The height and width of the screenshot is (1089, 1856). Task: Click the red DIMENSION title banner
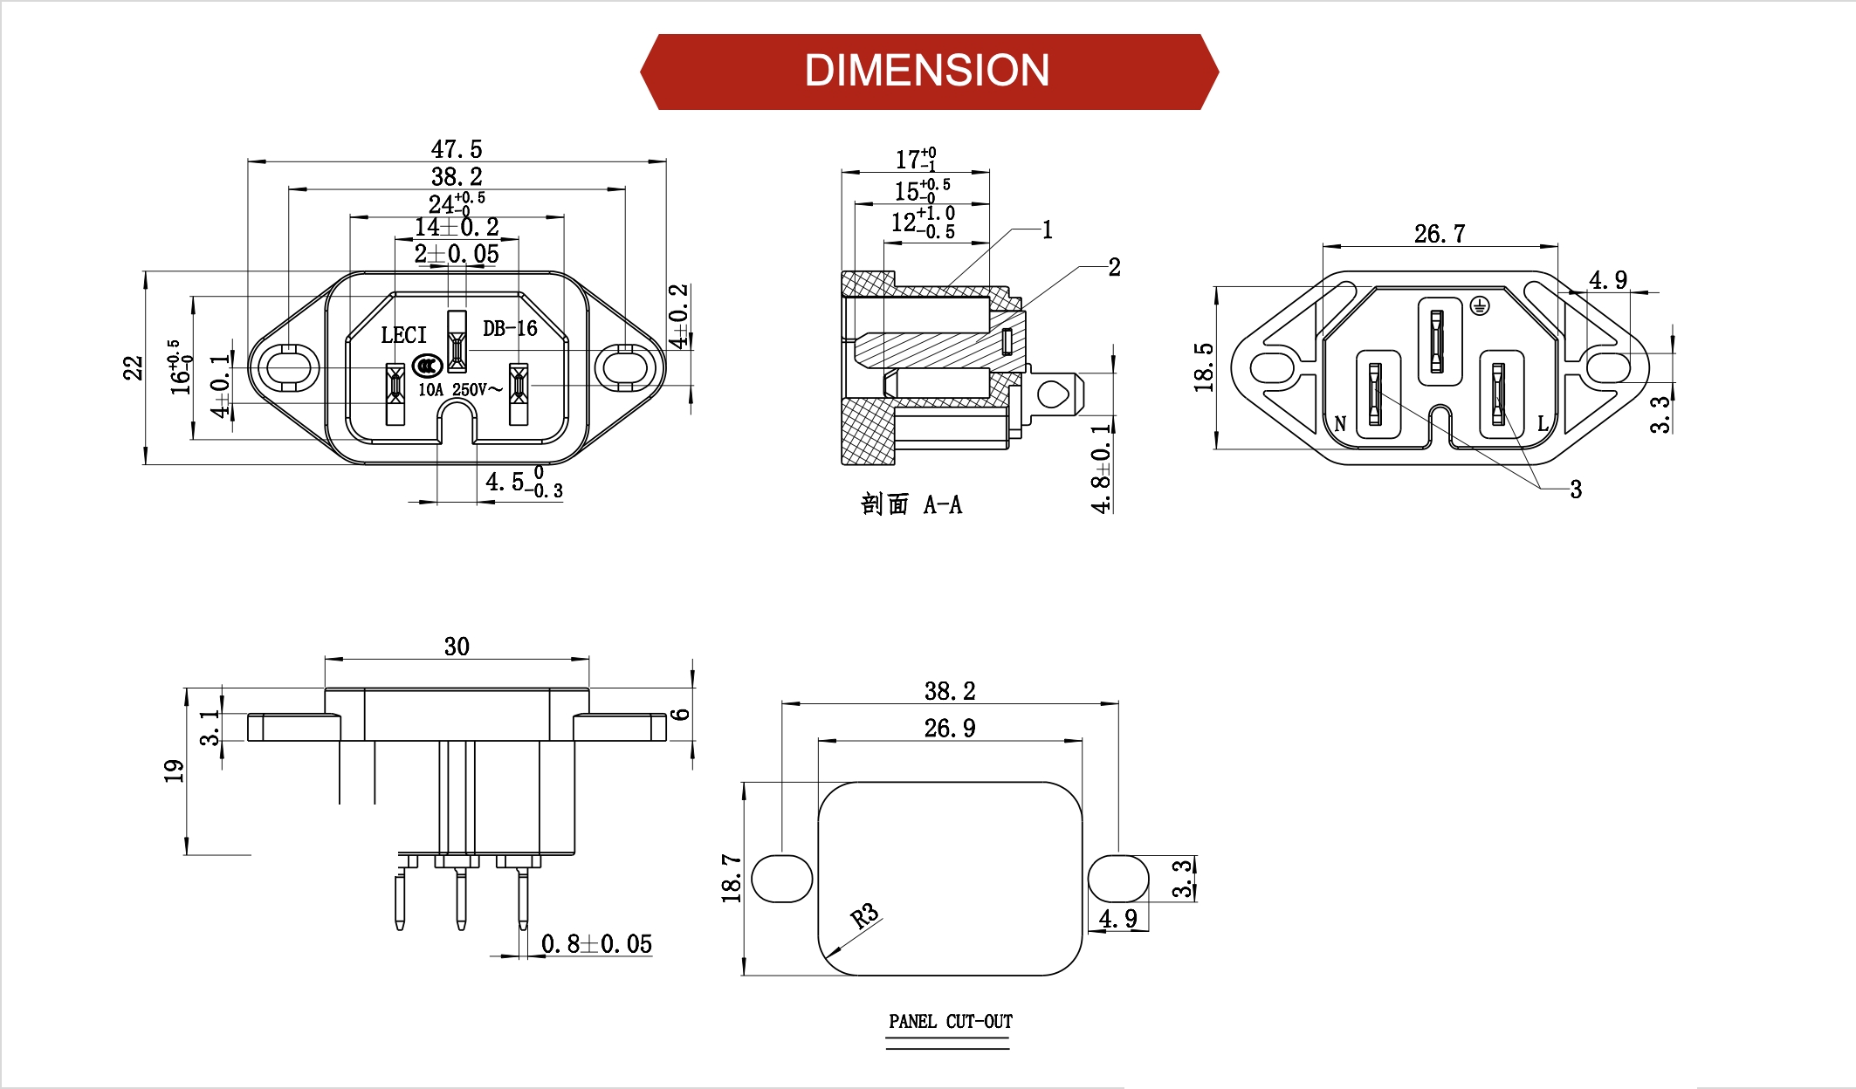928,72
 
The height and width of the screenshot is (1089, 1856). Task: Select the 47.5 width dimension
456,149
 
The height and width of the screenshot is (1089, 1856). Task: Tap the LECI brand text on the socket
403,335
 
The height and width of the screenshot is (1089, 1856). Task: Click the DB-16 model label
510,329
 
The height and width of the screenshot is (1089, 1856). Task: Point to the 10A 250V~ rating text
460,390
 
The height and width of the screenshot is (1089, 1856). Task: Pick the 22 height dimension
133,367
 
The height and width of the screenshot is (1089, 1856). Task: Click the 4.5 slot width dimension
522,483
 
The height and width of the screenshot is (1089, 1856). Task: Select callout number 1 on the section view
1048,230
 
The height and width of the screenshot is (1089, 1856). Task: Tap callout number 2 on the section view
1114,267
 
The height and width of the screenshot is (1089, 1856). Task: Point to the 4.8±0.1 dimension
1102,468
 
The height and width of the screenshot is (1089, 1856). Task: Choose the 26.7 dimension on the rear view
1439,234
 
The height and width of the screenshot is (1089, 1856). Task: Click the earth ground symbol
1479,305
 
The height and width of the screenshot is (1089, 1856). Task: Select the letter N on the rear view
1340,424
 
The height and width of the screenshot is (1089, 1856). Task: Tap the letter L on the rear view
1543,424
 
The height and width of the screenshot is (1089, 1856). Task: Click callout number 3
1576,490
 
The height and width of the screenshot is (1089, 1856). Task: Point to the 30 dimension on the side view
457,647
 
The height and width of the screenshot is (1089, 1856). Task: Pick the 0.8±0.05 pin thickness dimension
596,944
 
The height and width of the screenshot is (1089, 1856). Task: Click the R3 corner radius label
864,916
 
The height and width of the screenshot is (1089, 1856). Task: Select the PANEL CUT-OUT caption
950,1022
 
